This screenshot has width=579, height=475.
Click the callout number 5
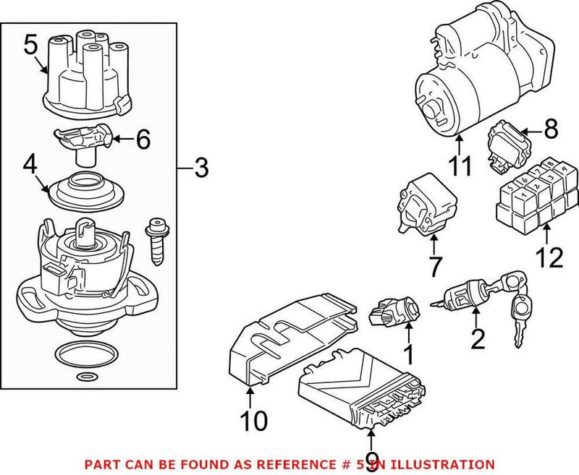coord(30,46)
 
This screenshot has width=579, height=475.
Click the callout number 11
coord(459,166)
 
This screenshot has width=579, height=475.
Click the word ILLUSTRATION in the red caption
coord(441,463)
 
